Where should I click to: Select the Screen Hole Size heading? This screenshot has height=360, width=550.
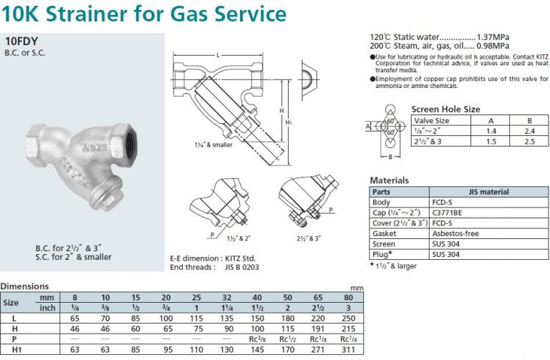point(445,110)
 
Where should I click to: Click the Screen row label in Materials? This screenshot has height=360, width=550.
point(385,243)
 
